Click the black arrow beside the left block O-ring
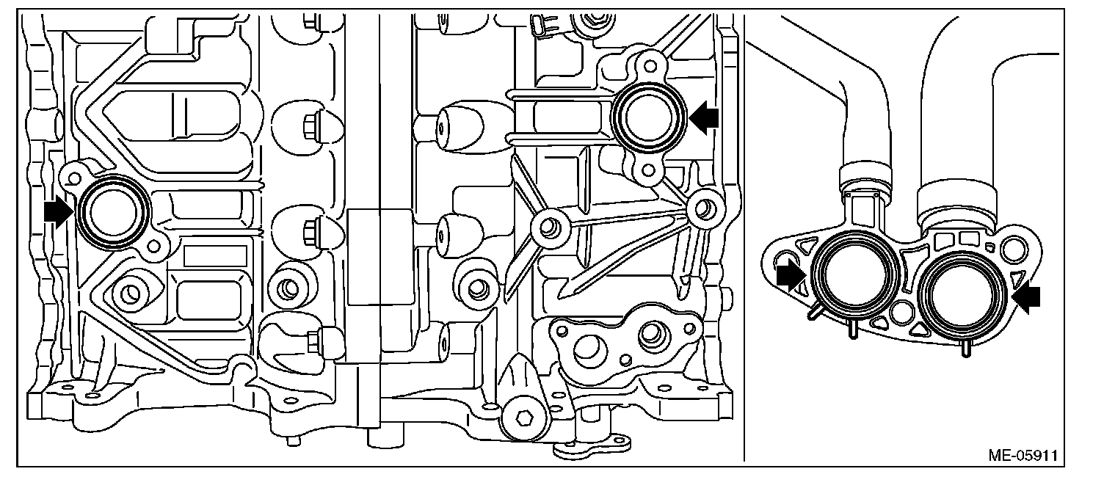tap(59, 212)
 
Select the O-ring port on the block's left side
tap(115, 211)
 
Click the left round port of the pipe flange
tap(854, 275)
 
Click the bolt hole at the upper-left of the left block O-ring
tap(72, 176)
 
